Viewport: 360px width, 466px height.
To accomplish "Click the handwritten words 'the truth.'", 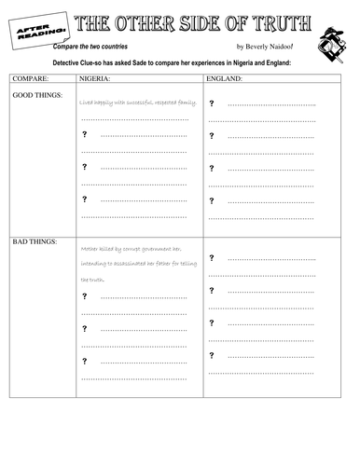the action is (x=92, y=279).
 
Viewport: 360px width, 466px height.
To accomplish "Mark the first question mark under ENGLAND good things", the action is (x=213, y=107).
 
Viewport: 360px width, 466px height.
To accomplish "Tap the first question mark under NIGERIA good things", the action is (x=85, y=136).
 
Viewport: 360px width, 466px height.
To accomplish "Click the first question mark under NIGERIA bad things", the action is (x=85, y=296).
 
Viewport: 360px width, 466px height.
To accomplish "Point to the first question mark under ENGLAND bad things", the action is (x=213, y=257).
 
